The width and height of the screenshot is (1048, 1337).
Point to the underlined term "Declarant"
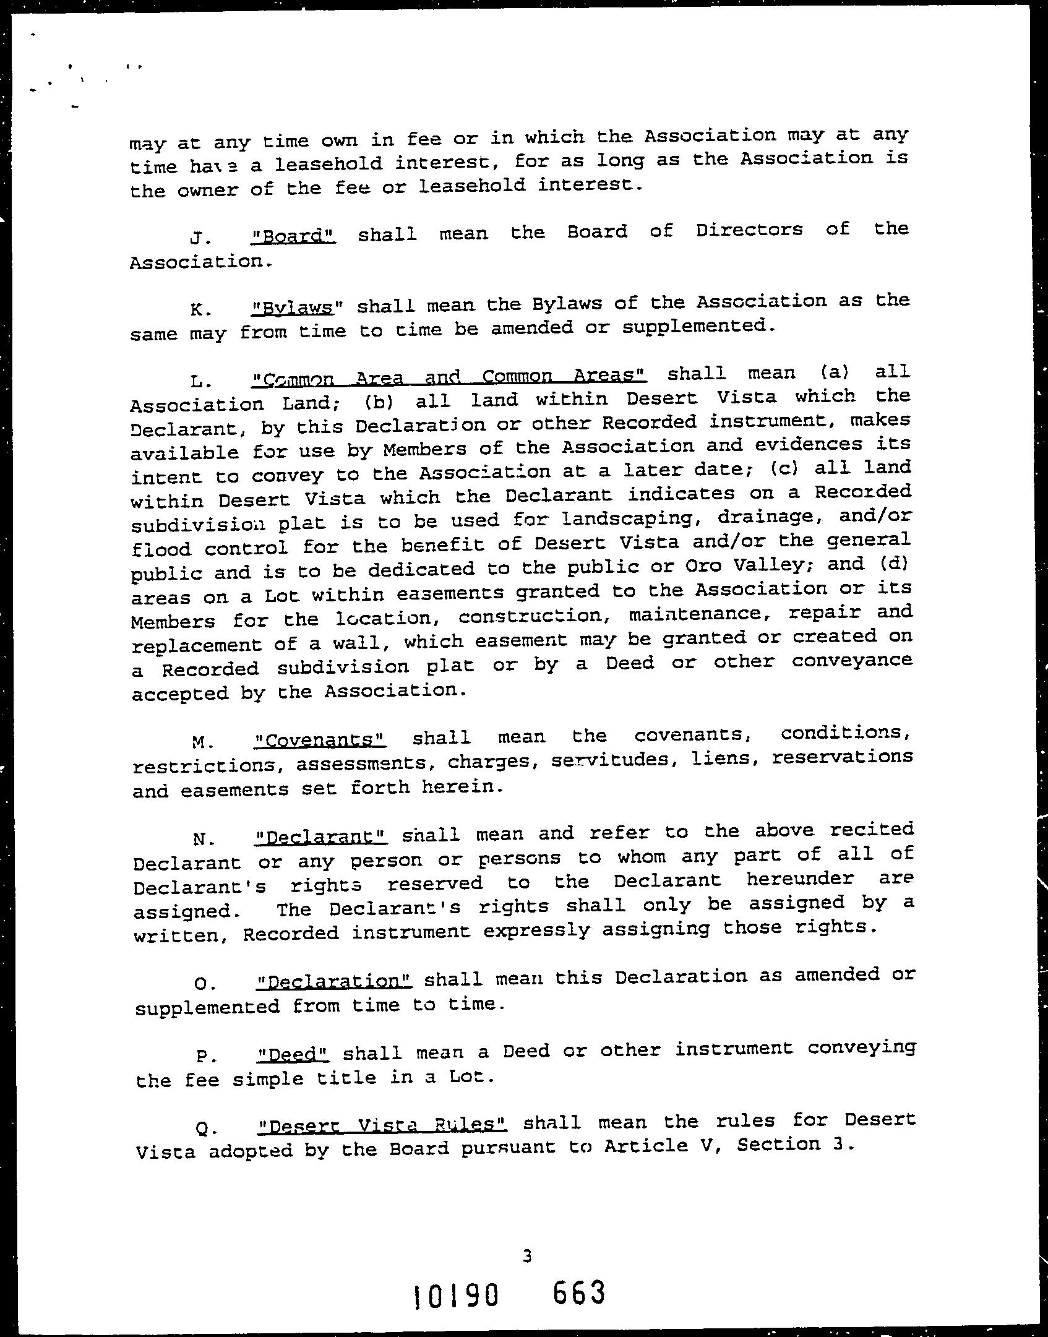(x=321, y=837)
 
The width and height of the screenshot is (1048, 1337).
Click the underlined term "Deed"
(x=293, y=1054)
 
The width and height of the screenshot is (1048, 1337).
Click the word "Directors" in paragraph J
(x=749, y=230)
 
